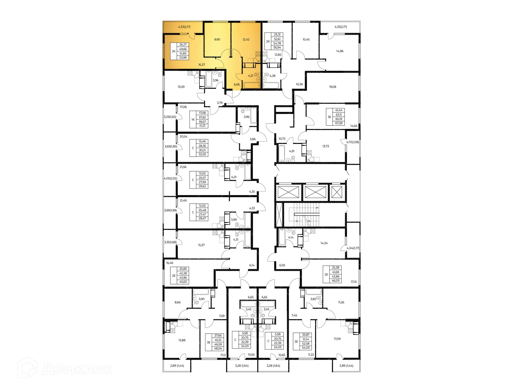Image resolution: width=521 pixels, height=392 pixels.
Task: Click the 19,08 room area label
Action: click(332, 87)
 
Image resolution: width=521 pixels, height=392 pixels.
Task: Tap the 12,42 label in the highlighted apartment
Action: click(246, 39)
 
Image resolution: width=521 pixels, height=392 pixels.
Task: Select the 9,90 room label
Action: click(217, 39)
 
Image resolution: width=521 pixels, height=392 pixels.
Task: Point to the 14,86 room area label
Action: click(340, 51)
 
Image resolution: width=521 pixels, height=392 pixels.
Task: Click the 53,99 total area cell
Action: click(183, 58)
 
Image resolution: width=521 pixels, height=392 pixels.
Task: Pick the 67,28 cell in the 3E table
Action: click(339, 123)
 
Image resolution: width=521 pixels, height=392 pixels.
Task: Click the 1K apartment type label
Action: click(193, 119)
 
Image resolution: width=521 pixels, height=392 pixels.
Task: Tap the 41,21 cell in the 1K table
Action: click(202, 126)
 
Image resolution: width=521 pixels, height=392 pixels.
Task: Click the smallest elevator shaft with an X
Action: click(337, 192)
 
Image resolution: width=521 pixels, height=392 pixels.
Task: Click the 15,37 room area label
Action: click(201, 245)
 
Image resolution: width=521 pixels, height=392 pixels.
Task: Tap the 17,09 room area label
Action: click(337, 339)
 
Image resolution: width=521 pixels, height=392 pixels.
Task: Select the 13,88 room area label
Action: click(182, 340)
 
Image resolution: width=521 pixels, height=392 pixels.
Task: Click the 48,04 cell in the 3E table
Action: click(218, 349)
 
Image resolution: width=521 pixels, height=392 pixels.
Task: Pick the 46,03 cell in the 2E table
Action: click(336, 281)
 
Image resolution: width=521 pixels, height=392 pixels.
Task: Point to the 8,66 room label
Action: click(177, 302)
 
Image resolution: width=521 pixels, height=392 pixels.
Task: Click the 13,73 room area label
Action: click(326, 146)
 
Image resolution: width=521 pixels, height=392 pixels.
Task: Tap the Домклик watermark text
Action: click(77, 369)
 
